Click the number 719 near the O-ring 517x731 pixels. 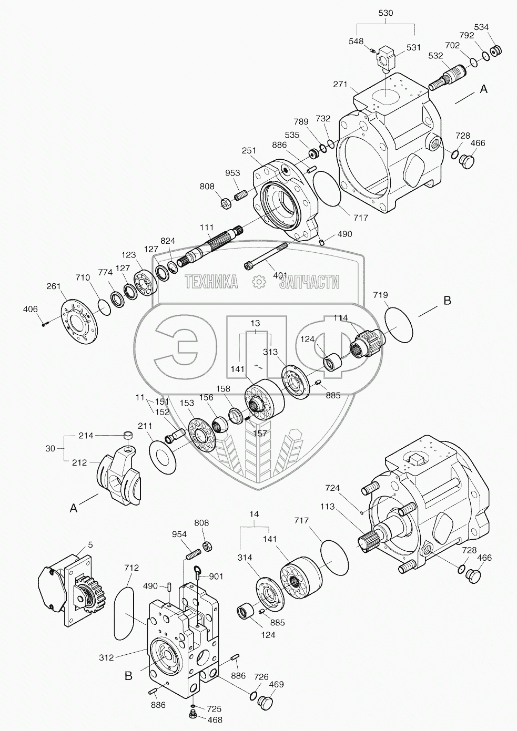tap(380, 296)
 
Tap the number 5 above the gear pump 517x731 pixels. tap(90, 545)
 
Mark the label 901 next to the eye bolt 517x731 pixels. tap(215, 576)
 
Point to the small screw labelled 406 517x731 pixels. tap(45, 323)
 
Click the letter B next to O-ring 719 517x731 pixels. tap(447, 301)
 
